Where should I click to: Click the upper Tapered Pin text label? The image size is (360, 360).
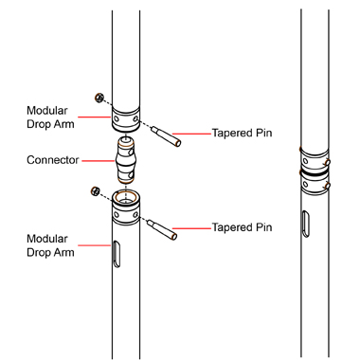242,133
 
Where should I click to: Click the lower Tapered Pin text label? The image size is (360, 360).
242,227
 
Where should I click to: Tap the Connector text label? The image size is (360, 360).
53,160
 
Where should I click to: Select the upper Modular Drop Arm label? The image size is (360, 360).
50,117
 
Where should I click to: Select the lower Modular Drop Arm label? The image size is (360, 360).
50,245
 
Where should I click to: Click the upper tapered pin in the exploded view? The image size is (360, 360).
166,136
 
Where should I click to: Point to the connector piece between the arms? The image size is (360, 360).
126,160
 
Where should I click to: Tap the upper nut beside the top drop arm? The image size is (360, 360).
99,98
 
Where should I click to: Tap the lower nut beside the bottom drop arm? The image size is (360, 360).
95,191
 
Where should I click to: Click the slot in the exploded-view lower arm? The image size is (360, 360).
117,255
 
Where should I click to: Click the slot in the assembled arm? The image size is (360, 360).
306,224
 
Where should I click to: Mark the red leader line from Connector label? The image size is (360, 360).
99,161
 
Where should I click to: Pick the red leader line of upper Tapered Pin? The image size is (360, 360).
191,134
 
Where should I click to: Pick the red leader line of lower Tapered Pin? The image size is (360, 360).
191,228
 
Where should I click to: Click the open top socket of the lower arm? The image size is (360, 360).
126,197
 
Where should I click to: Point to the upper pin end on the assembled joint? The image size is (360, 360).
328,162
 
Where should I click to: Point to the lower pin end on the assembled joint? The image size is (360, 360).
328,186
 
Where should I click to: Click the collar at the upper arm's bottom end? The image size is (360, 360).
126,119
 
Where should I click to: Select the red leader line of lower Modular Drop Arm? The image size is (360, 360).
94,245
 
